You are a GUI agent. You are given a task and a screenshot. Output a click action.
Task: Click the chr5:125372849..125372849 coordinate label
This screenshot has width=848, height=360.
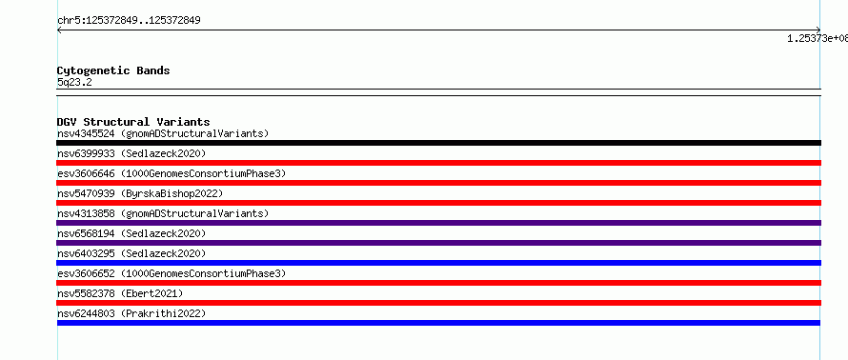coord(129,21)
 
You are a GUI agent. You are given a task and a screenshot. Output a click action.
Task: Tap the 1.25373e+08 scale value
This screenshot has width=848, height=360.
coord(818,38)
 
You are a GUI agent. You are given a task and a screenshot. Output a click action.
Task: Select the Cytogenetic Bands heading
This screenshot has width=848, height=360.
coord(113,70)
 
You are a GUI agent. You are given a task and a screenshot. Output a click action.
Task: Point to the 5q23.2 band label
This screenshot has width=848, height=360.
coord(74,82)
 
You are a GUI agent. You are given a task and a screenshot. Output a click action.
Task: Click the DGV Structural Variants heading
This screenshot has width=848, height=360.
coord(133,122)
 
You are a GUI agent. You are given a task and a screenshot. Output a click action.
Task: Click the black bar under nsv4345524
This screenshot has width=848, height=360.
coord(438,143)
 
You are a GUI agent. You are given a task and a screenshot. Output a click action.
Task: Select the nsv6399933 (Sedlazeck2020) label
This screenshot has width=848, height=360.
coord(131,153)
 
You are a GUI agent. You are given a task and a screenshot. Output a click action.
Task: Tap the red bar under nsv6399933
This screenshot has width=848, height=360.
coord(438,163)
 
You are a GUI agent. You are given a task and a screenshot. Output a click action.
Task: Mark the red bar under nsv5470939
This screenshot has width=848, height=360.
coord(438,203)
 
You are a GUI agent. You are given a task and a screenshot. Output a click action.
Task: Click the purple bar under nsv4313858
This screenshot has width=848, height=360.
coord(438,223)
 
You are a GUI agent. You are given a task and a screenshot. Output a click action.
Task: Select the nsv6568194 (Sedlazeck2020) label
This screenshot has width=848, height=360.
coord(131,233)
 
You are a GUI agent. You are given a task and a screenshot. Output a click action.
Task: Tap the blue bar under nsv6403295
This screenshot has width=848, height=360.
coord(438,263)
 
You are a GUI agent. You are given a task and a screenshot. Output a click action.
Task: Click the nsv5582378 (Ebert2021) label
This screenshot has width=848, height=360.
coord(120,293)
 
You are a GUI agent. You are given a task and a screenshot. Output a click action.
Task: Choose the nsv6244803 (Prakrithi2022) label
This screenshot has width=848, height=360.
coord(131,313)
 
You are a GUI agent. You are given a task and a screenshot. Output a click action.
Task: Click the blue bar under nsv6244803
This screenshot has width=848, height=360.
coord(438,323)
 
